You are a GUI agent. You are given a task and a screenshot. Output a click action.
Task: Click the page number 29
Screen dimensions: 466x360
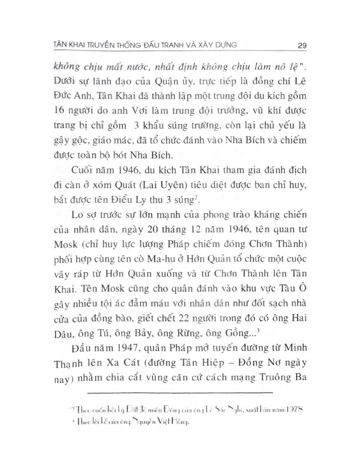(302, 45)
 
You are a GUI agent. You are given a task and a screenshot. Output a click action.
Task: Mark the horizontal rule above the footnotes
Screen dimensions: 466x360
(180, 392)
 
